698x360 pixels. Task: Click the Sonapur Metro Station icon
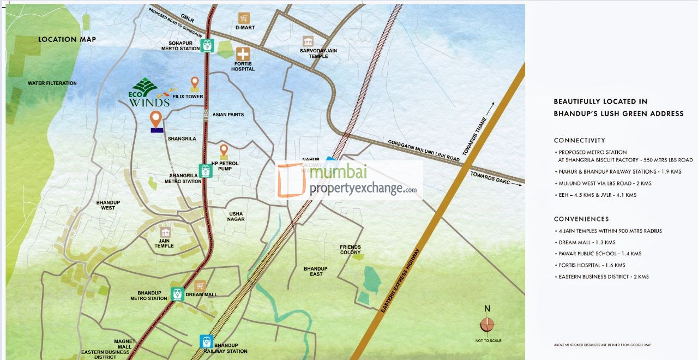pos(207,46)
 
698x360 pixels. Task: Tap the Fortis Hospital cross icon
pos(243,53)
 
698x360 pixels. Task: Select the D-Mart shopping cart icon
pos(244,18)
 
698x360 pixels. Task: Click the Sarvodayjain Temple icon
pos(308,41)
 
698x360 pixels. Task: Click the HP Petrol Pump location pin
pos(224,151)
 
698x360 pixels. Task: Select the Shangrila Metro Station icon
pos(206,171)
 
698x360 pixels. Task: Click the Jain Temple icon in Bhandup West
pos(164,233)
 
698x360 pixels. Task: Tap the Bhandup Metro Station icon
pos(177,294)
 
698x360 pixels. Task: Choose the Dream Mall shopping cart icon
pos(200,286)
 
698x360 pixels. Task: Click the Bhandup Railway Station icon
pos(206,341)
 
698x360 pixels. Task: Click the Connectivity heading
pos(579,140)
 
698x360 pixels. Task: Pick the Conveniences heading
pos(581,219)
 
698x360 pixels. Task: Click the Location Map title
pos(67,39)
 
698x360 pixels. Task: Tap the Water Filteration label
pos(52,83)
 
